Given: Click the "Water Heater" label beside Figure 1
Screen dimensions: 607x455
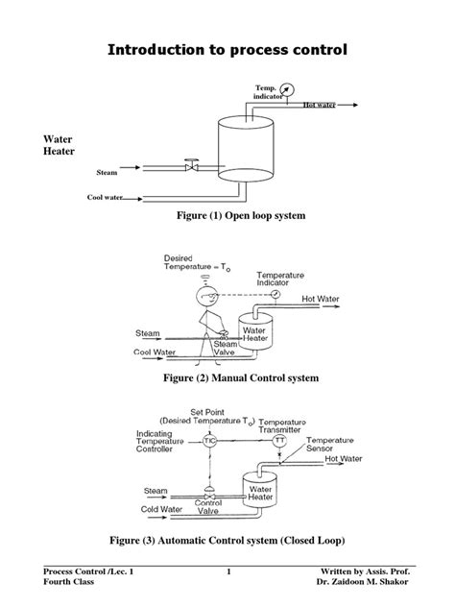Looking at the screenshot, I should pyautogui.click(x=60, y=146).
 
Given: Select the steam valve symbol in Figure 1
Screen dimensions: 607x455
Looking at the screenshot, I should pyautogui.click(x=192, y=165).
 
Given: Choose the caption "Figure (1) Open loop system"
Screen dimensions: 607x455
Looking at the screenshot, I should pyautogui.click(x=240, y=217).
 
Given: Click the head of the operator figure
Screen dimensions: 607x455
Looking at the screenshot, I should pyautogui.click(x=204, y=295).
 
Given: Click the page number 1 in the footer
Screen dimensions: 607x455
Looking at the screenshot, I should pyautogui.click(x=230, y=572).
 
